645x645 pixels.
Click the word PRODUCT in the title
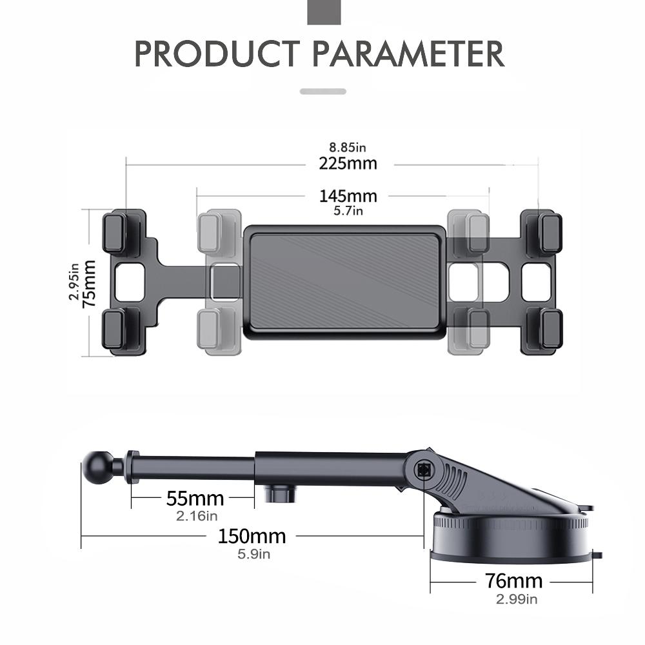pos(217,54)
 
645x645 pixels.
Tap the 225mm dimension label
pos(348,163)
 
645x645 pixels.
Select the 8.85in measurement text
pos(348,148)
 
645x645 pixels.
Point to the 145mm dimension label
pos(348,195)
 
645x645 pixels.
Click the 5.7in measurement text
pos(348,210)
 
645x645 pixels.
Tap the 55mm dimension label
pos(195,499)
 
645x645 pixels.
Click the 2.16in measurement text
pos(197,515)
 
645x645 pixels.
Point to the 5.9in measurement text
pos(253,553)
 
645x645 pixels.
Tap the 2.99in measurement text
pos(516,599)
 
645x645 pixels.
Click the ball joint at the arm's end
pos(96,466)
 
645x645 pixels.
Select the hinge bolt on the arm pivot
pos(424,470)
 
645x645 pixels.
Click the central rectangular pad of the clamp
pos(344,281)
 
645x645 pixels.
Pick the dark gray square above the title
pos(324,12)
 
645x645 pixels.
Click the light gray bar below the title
pos(323,92)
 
